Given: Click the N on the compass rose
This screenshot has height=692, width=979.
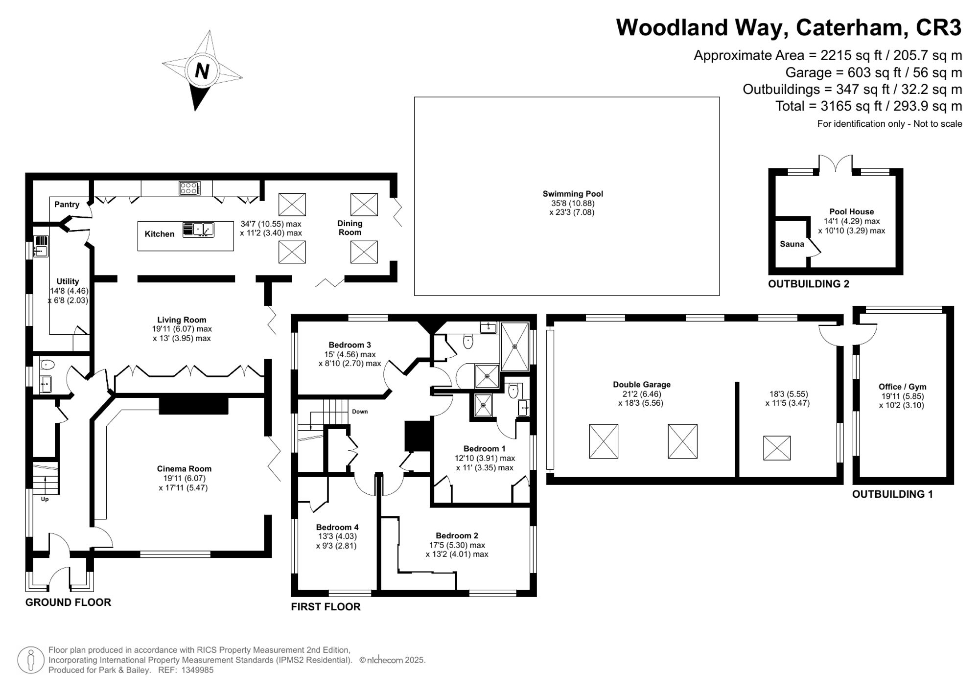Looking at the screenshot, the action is click(x=202, y=71).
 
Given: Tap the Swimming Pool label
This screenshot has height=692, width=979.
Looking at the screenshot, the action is click(x=573, y=194).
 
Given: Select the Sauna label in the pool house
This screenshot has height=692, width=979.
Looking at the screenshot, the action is click(x=792, y=244).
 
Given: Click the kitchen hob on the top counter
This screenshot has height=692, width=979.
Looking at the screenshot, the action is click(x=189, y=188).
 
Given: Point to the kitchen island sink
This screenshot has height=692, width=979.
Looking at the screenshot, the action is click(x=198, y=230).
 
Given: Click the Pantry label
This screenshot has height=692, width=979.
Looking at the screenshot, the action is click(x=67, y=205).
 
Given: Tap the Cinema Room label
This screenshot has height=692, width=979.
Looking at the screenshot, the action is click(x=184, y=469).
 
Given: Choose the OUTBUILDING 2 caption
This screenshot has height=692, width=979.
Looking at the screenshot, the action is click(x=809, y=284).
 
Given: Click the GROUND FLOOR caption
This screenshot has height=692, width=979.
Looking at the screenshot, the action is click(x=68, y=602).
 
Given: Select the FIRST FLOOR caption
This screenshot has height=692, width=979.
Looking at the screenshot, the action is click(x=326, y=607).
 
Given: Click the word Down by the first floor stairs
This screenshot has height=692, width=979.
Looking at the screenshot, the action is click(x=360, y=412).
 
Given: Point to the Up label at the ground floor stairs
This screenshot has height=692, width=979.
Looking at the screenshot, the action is click(x=45, y=500).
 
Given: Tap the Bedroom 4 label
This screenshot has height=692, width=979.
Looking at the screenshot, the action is click(x=337, y=527).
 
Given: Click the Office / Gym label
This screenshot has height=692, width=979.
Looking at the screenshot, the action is click(x=903, y=387).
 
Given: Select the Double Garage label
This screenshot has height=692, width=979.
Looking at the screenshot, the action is click(x=642, y=385).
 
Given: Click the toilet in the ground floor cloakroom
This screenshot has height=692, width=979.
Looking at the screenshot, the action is click(x=47, y=365).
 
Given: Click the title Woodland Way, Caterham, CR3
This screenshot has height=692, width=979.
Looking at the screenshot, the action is click(x=789, y=27).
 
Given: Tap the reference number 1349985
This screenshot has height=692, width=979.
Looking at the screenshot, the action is click(x=198, y=670).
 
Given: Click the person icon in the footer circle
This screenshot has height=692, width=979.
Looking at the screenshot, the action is click(x=31, y=660).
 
